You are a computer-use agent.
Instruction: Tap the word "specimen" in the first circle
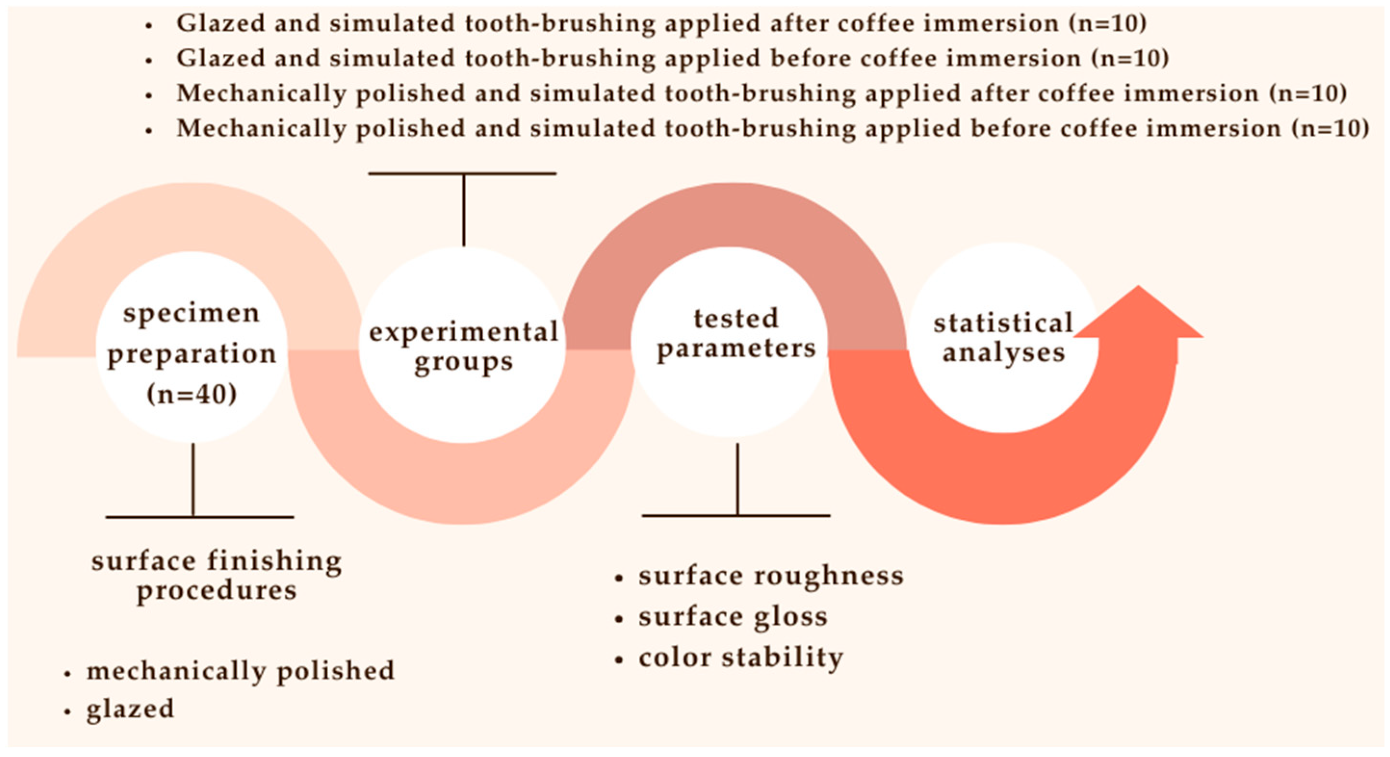[192, 313]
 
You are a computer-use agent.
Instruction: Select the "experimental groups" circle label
[463, 346]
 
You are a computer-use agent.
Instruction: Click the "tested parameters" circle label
[736, 334]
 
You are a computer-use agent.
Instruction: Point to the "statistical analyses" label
[1003, 338]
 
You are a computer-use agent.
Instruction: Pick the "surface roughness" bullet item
[771, 576]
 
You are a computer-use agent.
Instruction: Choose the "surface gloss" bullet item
[733, 616]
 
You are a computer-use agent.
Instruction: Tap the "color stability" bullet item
[740, 658]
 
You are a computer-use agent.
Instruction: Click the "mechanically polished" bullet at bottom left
[240, 671]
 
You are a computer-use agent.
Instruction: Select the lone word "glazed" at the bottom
[130, 709]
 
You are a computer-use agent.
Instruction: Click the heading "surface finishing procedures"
[216, 575]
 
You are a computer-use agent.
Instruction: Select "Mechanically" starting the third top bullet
[261, 93]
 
